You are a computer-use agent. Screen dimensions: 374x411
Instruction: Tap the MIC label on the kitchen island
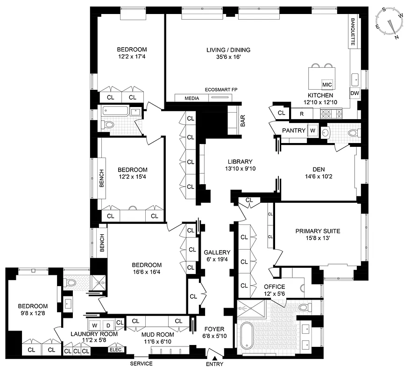click(326, 85)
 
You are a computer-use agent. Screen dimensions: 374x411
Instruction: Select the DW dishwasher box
click(355, 93)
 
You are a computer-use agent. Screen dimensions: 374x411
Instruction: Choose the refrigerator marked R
click(302, 113)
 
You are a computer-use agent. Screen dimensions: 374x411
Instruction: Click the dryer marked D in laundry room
click(107, 324)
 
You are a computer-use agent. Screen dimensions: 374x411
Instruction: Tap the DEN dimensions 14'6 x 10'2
click(318, 177)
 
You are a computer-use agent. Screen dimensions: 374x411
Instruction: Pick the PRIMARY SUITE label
click(318, 231)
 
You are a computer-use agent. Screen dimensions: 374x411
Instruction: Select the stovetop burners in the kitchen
click(331, 113)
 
